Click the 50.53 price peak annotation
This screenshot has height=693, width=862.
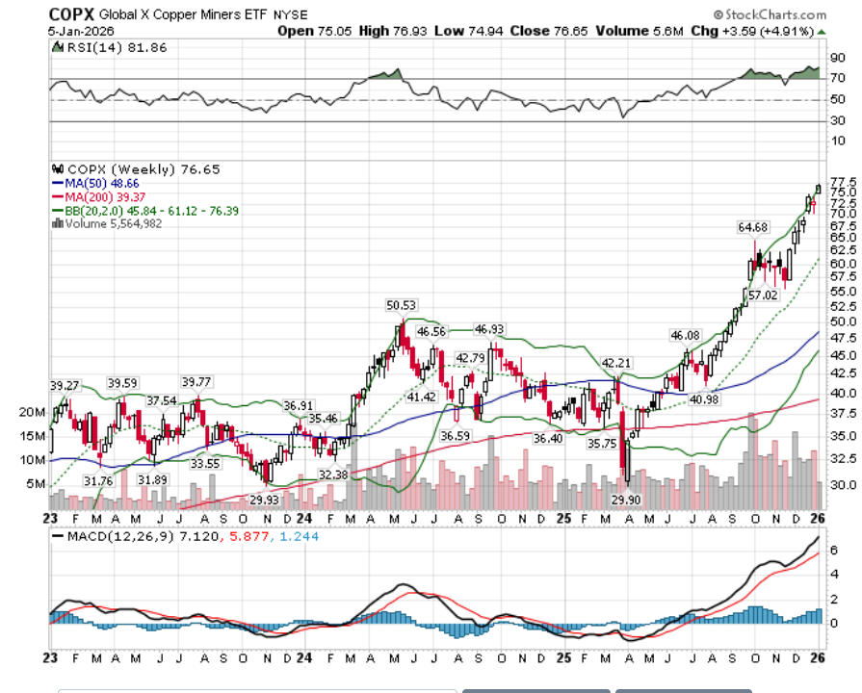pos(401,305)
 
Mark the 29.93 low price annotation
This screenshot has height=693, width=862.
pos(265,500)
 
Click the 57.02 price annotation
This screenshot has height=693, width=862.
pos(763,295)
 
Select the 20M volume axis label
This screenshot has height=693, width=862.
pos(32,411)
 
